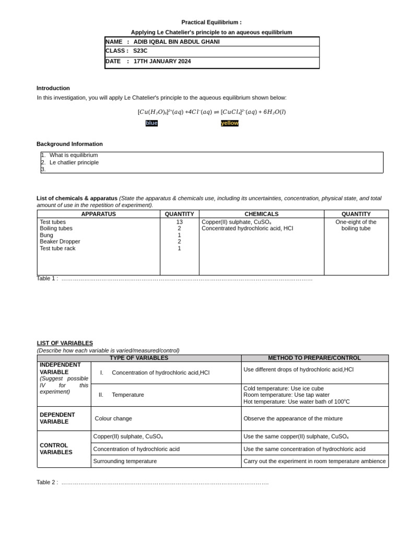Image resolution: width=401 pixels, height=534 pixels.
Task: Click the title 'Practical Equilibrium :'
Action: tap(211, 22)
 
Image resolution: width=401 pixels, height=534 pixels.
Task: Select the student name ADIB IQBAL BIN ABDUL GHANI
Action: tap(176, 42)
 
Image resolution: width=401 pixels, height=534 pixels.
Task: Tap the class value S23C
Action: tap(140, 51)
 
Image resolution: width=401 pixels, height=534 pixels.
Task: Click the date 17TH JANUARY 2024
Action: tap(162, 62)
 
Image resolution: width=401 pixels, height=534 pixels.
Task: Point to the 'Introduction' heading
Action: tap(53, 88)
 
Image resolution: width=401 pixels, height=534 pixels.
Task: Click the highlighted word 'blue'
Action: tap(151, 123)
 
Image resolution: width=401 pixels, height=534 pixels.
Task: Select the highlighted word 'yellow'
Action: tap(230, 123)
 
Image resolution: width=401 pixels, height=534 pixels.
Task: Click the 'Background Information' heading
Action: tap(69, 144)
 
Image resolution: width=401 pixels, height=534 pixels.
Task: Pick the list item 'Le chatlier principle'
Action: tap(74, 162)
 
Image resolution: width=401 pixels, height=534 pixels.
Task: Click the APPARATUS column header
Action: tap(99, 214)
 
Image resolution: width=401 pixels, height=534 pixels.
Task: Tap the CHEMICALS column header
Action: tap(262, 214)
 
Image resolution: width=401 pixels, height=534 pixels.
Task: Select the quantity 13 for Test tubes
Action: tap(180, 222)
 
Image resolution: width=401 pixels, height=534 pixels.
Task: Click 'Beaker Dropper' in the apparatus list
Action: tap(60, 241)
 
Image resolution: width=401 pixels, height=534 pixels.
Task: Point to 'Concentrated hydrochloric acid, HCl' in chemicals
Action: tap(247, 228)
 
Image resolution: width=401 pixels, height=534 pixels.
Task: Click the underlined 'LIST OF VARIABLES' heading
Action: tap(65, 343)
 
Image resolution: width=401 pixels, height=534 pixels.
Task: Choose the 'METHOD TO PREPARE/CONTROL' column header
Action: tap(314, 358)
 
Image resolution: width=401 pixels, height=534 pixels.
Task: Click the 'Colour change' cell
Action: tap(113, 418)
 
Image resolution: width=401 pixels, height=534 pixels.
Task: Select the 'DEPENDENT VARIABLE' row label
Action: tap(57, 418)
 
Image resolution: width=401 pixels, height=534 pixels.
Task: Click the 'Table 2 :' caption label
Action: tap(47, 482)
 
